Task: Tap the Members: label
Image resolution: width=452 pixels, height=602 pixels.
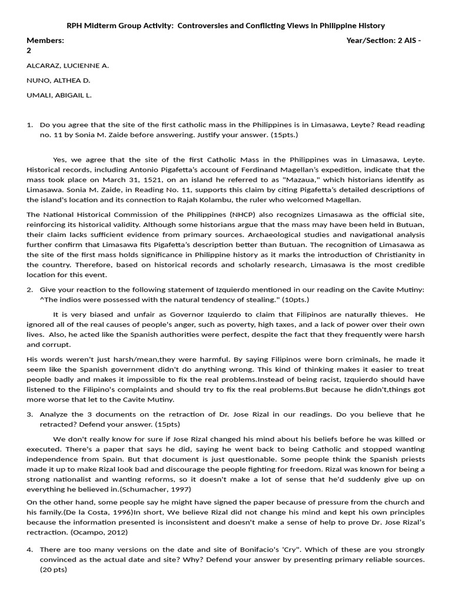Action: click(45, 41)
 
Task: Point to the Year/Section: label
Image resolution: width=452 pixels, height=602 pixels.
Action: click(371, 41)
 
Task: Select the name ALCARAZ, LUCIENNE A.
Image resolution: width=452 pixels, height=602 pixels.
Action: click(68, 66)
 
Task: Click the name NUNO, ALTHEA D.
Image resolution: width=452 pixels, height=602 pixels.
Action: click(58, 81)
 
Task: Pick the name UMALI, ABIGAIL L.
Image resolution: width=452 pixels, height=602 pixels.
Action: click(59, 95)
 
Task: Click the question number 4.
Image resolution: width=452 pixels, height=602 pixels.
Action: click(30, 549)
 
